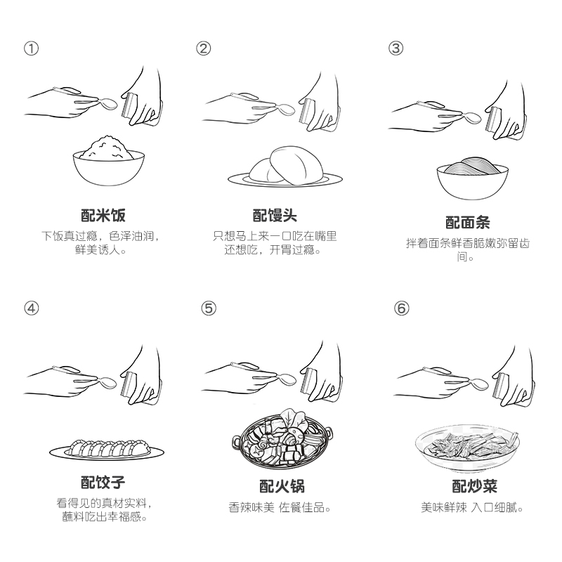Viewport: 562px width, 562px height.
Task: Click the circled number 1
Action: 31,48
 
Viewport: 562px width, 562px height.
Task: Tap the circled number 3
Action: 396,48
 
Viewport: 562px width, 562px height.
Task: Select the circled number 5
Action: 209,308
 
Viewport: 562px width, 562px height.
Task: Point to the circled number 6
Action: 401,308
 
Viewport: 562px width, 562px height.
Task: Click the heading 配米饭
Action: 103,216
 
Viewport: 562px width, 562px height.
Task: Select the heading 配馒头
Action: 275,216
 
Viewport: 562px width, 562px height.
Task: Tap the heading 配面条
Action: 467,223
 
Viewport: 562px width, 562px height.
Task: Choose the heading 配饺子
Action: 103,482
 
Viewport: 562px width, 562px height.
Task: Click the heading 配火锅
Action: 282,486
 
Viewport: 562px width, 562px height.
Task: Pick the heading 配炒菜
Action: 474,486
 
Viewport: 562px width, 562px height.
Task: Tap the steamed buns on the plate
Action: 285,167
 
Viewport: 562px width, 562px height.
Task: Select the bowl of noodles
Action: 472,178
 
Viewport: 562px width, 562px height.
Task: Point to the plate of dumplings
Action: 107,449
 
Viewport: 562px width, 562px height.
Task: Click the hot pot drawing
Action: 282,440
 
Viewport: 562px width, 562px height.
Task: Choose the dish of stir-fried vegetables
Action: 467,448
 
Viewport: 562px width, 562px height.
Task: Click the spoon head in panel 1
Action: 108,103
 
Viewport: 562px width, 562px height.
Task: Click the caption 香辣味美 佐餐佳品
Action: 279,507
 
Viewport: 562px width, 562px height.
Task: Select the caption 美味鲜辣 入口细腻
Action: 472,507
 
